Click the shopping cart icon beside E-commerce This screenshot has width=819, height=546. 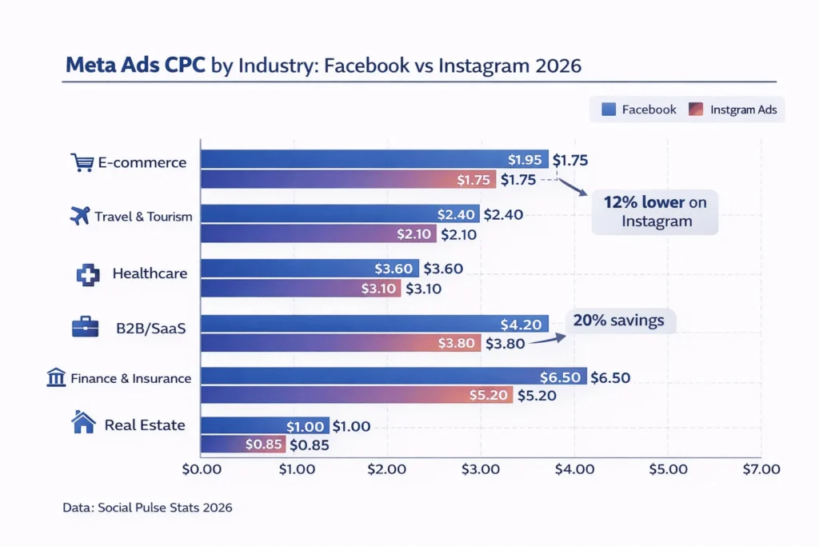pos(82,163)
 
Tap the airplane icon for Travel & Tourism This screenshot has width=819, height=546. pos(80,216)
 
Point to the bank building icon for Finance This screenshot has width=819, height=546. pos(56,378)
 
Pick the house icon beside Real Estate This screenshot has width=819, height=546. pos(84,424)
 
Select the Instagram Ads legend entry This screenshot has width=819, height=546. pos(736,110)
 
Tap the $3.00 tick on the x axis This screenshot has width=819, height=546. pos(481,470)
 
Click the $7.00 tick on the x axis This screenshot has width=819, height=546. pos(759,470)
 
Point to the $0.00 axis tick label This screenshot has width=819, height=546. pos(202,470)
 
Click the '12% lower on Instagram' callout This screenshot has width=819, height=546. pos(655,212)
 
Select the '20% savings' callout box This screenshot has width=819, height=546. pos(620,321)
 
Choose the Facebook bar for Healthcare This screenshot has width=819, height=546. pos(309,269)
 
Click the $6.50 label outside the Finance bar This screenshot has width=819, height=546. pos(610,377)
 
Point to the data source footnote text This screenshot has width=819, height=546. pos(147,508)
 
